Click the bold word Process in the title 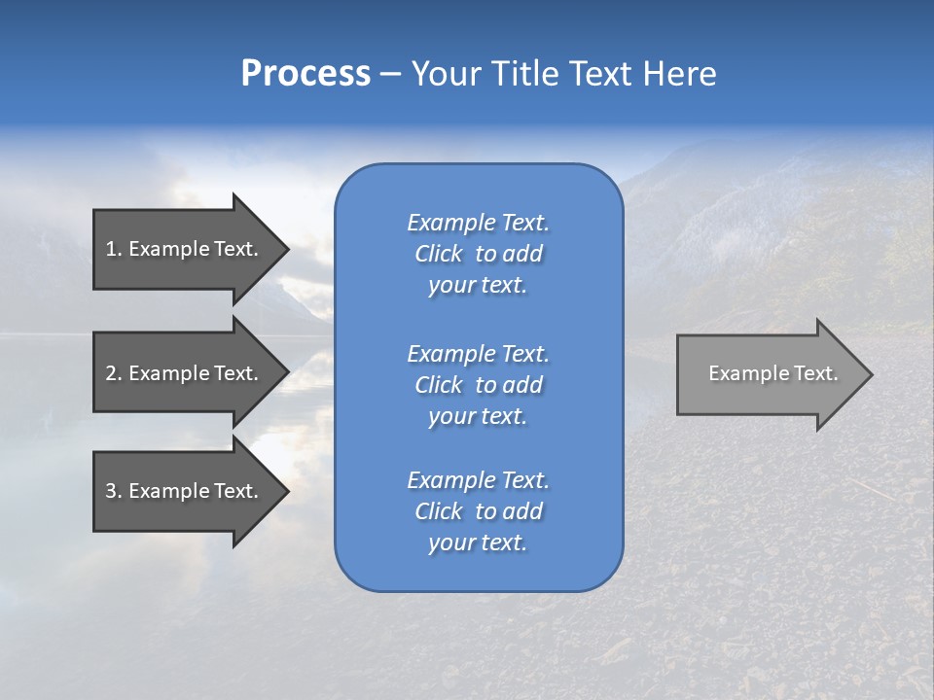[x=305, y=74]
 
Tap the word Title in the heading [x=525, y=74]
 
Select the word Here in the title [x=679, y=74]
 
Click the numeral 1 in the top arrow [x=111, y=249]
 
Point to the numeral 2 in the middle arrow [x=111, y=373]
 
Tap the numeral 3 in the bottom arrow [x=111, y=491]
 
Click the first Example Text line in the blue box [x=478, y=223]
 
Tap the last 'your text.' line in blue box [x=478, y=542]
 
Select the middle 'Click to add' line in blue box [x=478, y=385]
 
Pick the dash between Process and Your [x=390, y=74]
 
